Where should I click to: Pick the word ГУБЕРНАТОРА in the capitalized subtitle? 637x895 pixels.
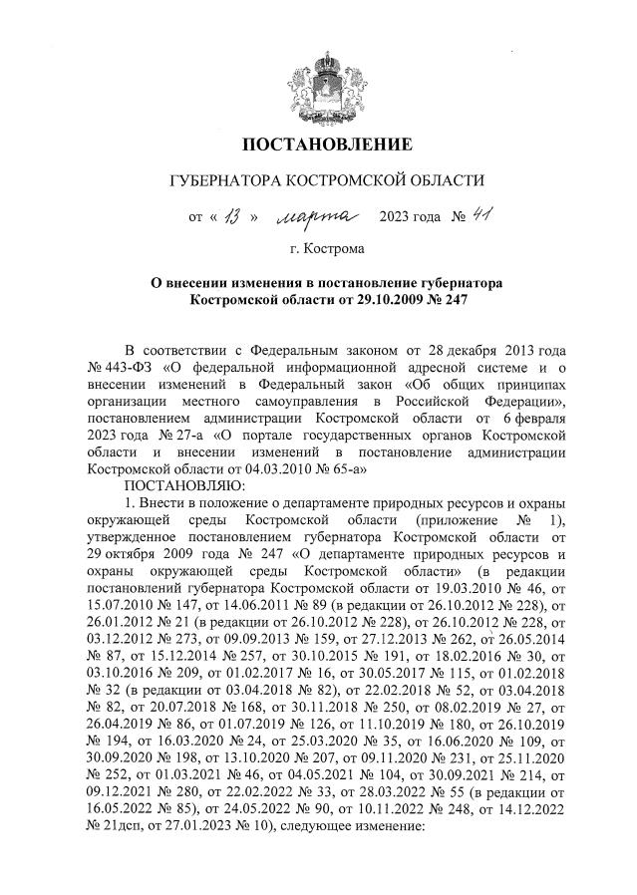(x=228, y=181)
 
